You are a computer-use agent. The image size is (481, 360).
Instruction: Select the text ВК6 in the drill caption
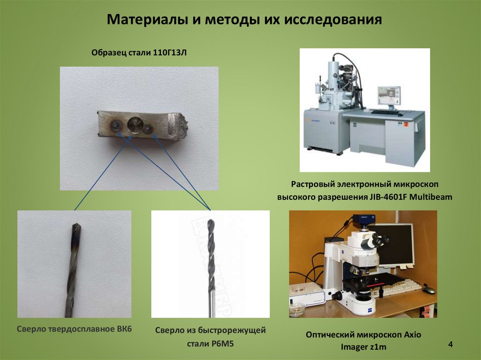click(124, 329)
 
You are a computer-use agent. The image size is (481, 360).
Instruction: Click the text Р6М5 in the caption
click(223, 344)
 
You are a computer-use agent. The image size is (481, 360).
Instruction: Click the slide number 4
click(450, 344)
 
